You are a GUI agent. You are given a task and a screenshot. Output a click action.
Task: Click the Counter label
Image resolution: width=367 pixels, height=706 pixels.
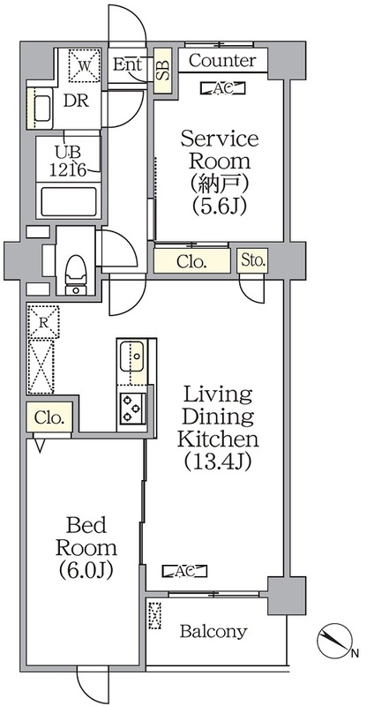click(x=222, y=61)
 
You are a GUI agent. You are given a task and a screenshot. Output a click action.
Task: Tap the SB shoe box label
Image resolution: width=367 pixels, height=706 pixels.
click(x=163, y=69)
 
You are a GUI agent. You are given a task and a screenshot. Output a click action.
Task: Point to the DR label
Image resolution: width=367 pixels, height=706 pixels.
click(x=76, y=99)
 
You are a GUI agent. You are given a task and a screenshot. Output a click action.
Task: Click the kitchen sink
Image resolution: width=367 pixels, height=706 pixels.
click(x=134, y=358)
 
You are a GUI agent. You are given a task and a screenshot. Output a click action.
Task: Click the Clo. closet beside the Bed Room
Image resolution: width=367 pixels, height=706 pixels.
click(x=50, y=418)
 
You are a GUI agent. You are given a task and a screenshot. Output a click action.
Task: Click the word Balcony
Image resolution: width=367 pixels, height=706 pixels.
click(x=213, y=632)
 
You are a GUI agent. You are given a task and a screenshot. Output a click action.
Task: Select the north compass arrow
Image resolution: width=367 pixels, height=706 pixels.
click(x=338, y=640)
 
